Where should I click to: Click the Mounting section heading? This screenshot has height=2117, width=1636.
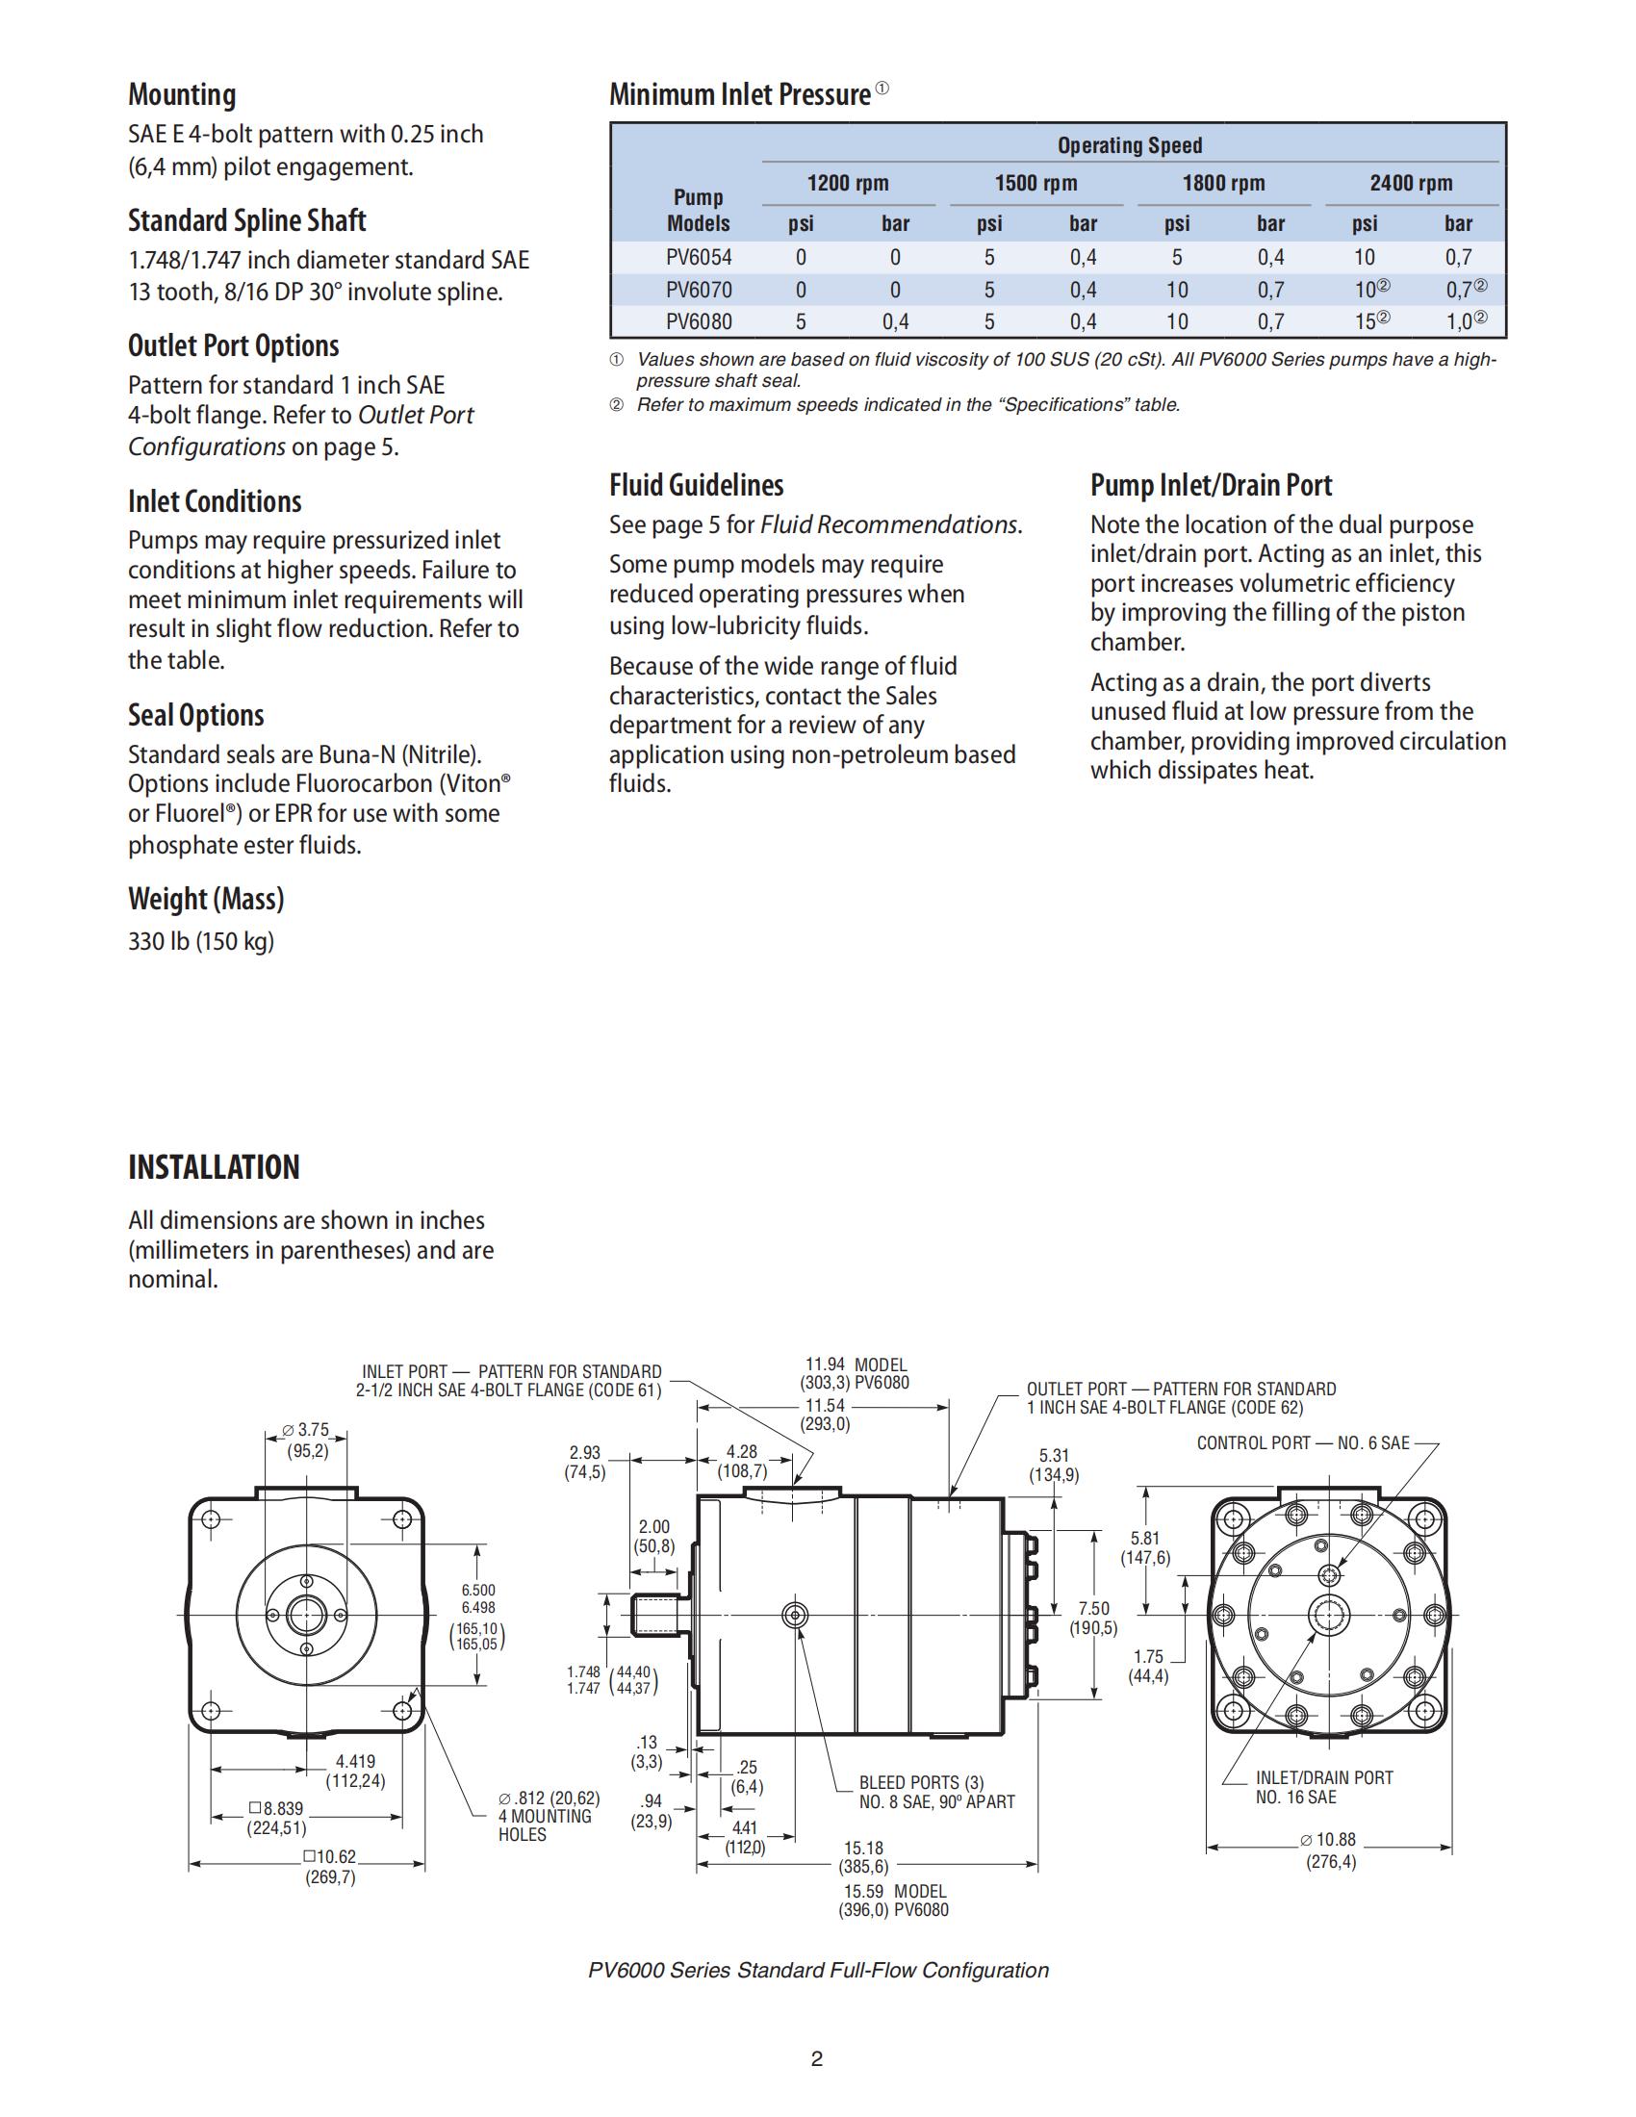182,95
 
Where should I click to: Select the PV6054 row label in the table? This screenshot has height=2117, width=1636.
698,258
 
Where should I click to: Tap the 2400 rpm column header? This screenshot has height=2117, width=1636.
1410,183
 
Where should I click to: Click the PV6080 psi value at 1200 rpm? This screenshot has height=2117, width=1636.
801,321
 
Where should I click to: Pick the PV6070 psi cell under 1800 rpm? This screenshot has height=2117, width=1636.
1177,290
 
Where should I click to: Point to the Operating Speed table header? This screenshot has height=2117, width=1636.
1129,145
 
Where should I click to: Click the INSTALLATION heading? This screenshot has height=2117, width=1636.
215,1167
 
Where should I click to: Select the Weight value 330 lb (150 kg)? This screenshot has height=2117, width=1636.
201,941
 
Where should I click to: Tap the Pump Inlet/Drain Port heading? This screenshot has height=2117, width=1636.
1211,485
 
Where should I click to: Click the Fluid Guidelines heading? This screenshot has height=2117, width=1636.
696,485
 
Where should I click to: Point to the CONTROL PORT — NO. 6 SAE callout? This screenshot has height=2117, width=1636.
1303,1443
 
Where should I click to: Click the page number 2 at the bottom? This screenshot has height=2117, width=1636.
817,2059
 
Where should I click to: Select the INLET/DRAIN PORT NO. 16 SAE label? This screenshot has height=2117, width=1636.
1323,1788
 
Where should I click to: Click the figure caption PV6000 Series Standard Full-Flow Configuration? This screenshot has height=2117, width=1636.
818,1971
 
